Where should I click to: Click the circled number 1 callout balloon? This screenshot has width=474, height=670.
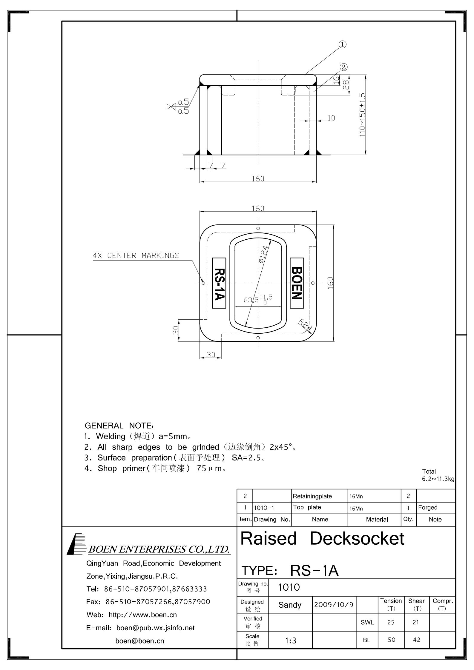tap(342, 44)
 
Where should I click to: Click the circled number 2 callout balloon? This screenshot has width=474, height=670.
tap(344, 67)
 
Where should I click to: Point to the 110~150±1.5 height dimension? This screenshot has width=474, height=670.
tap(363, 115)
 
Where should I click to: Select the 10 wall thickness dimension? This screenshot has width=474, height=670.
tap(331, 118)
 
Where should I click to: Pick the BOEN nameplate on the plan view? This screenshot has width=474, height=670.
tap(297, 283)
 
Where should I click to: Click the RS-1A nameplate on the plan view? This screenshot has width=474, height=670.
tap(219, 283)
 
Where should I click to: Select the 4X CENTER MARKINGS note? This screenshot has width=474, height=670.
tap(136, 255)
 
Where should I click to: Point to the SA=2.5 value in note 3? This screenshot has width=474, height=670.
tap(246, 458)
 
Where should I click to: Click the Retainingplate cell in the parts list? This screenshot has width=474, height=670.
tap(312, 496)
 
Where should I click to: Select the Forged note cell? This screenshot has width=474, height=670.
tap(428, 507)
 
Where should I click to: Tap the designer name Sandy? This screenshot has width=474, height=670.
tap(290, 605)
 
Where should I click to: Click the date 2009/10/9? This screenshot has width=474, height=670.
tap(334, 605)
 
